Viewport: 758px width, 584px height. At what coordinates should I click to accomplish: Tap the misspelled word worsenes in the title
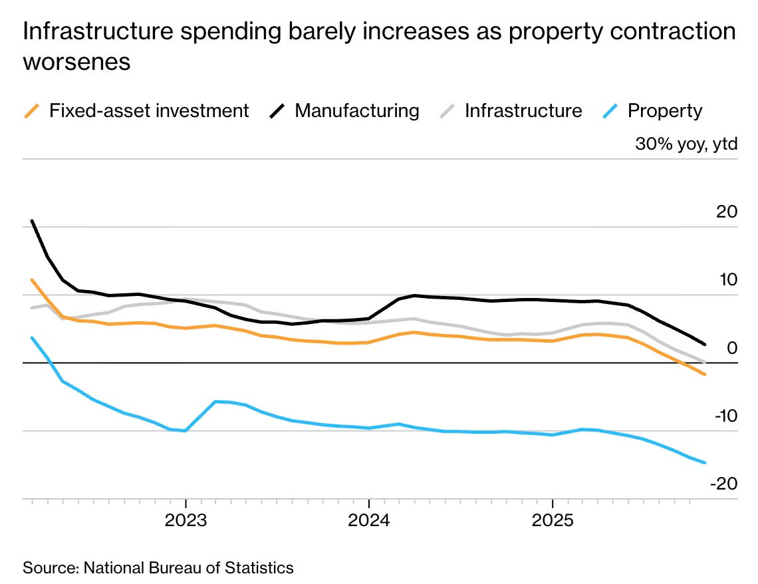tap(76, 63)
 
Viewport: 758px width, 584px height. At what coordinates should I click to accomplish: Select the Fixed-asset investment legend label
tap(149, 110)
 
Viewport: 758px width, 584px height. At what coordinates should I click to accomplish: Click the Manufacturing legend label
tap(357, 110)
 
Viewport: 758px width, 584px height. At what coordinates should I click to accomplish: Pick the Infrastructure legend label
tap(523, 110)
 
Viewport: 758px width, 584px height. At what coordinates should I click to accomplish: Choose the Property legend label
tap(665, 110)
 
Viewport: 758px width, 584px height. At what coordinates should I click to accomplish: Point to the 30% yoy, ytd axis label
tap(686, 144)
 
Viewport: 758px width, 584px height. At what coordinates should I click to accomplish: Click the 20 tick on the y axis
tap(727, 212)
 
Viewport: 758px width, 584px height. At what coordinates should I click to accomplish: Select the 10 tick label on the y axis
tap(727, 280)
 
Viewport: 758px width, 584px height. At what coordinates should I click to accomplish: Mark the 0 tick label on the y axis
tap(732, 348)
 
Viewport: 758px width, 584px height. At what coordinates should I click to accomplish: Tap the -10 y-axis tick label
tap(723, 416)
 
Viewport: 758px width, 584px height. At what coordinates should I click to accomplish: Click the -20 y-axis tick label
tap(723, 484)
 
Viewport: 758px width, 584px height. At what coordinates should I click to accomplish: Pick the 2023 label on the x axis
tap(186, 519)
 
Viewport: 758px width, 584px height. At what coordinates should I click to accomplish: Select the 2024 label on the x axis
tap(369, 519)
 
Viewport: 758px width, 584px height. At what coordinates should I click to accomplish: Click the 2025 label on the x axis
tap(553, 519)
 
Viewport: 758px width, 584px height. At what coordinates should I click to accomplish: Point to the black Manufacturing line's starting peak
tap(32, 221)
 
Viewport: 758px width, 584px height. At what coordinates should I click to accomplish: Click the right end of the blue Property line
tap(705, 463)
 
